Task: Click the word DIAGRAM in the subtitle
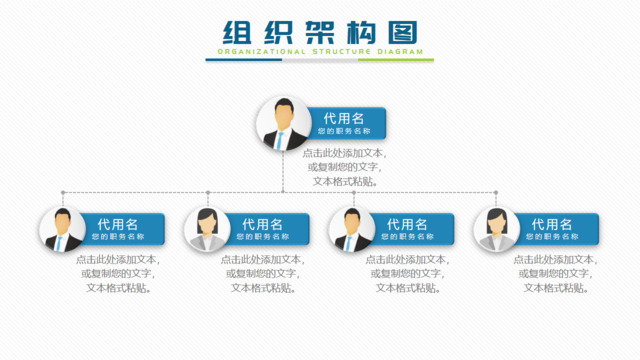coord(398,51)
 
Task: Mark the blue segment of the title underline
coord(244,60)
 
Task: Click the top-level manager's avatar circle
coord(283,123)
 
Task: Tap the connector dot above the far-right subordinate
coord(497,192)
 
